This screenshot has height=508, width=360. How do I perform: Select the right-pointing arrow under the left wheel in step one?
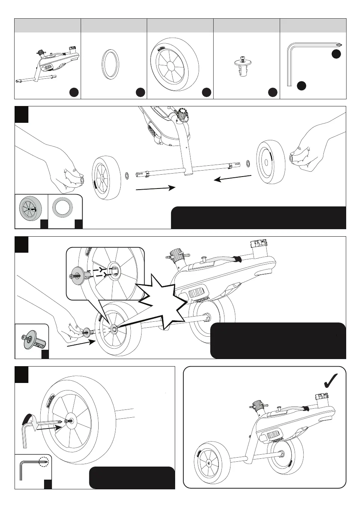click(x=155, y=188)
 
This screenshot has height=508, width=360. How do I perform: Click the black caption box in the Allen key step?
click(x=131, y=477)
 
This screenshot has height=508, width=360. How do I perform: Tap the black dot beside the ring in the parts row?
click(x=140, y=92)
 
